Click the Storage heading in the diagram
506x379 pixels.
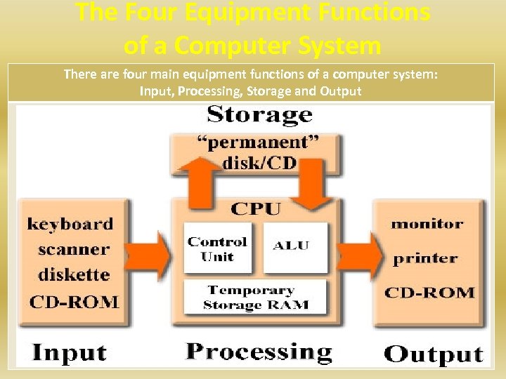pos(259,114)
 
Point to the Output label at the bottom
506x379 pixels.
pos(434,353)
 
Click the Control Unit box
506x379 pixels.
pos(217,248)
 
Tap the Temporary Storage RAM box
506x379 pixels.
pos(256,298)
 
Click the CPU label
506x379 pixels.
pos(255,208)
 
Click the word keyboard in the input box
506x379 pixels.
pos(70,225)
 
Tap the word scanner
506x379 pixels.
pos(73,250)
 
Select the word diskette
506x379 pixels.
pos(73,275)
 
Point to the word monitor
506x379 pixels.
pos(427,225)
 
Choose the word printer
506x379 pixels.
pos(424,258)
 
